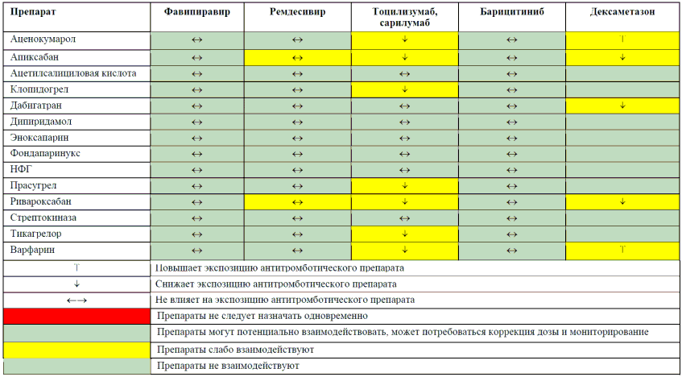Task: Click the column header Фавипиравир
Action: pyautogui.click(x=196, y=14)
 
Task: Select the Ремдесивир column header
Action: pyautogui.click(x=297, y=14)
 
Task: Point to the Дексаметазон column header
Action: pyautogui.click(x=622, y=14)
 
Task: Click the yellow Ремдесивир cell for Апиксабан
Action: pyautogui.click(x=297, y=57)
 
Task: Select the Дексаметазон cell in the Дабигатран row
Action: pyautogui.click(x=622, y=105)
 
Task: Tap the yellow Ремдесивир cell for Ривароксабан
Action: pyautogui.click(x=297, y=201)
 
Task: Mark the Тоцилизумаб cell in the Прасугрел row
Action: pyautogui.click(x=404, y=185)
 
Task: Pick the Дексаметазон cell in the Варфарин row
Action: pyautogui.click(x=622, y=250)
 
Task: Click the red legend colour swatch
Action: pyautogui.click(x=76, y=316)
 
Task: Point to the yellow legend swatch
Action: pyautogui.click(x=76, y=350)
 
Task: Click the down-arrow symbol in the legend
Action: pyautogui.click(x=76, y=284)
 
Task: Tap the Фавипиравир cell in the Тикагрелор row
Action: pyautogui.click(x=196, y=234)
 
